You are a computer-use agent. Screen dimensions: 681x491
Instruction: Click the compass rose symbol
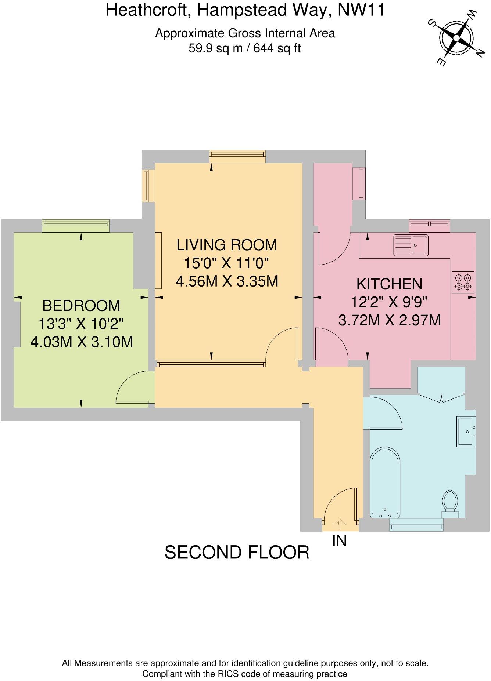tap(456, 37)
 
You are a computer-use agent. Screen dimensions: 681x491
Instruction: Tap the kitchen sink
tap(411, 245)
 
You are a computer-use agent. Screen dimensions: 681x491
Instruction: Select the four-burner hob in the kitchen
tap(463, 282)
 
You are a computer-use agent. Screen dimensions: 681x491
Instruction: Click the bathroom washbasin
tap(466, 431)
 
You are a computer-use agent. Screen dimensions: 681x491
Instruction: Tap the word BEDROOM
tap(81, 305)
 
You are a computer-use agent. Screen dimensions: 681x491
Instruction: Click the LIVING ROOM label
tap(226, 245)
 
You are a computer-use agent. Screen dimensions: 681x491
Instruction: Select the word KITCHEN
tap(389, 284)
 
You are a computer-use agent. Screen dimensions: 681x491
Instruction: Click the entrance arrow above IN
tap(339, 525)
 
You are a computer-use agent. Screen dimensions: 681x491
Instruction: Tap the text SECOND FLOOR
tap(237, 552)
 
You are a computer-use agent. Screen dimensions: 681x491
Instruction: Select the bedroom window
tap(75, 225)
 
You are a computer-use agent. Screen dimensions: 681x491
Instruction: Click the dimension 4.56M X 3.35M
tap(226, 281)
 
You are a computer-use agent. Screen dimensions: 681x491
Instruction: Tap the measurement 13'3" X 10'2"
tap(81, 324)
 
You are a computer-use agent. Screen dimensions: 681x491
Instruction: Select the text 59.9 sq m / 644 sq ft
tap(244, 48)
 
